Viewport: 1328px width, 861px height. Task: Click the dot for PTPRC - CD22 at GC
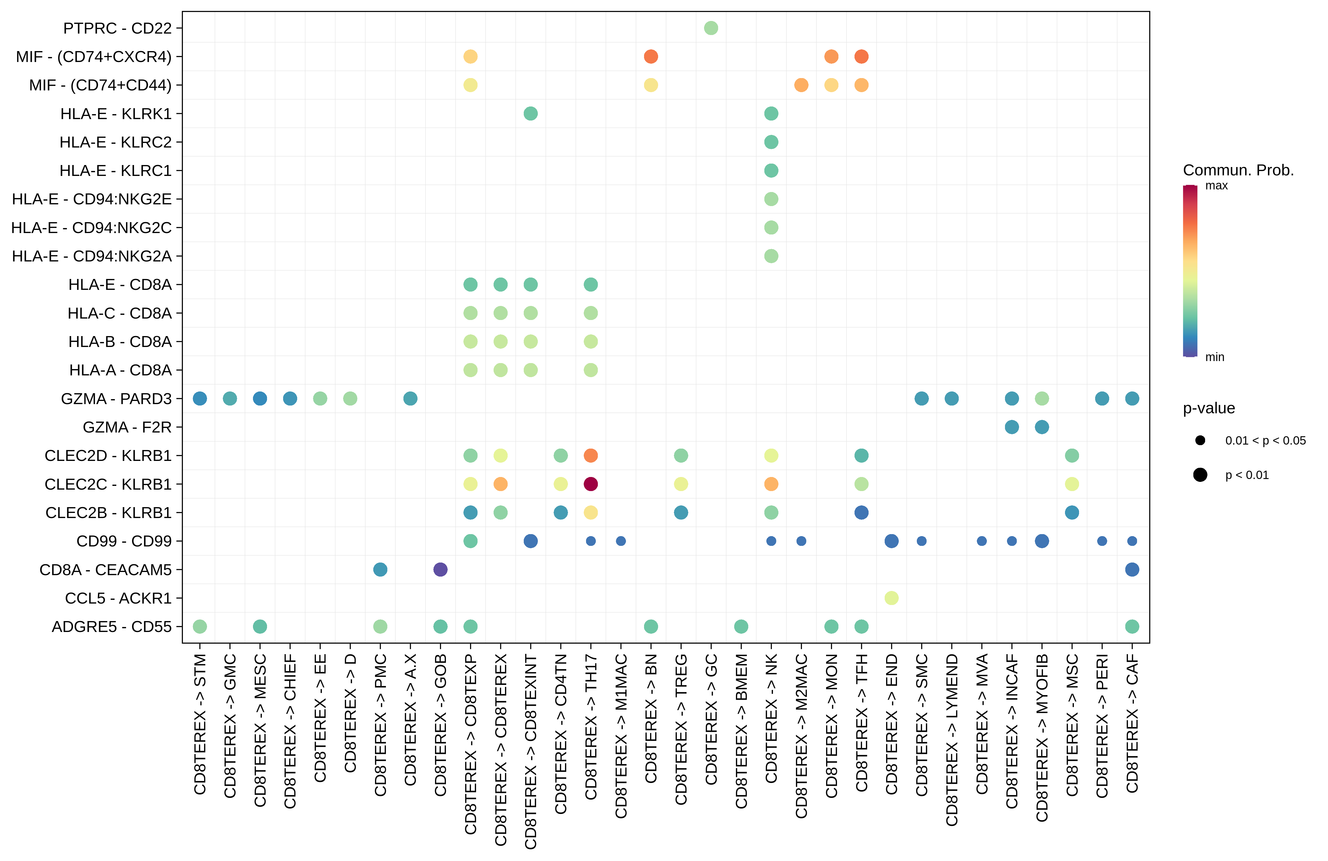[x=711, y=28]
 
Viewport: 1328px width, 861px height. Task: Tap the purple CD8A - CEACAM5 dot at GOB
[x=440, y=569]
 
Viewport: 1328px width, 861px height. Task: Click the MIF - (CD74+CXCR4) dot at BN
[x=651, y=56]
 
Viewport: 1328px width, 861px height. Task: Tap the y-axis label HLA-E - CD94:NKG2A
[x=92, y=256]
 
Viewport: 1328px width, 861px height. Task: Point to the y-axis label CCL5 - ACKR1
[x=118, y=598]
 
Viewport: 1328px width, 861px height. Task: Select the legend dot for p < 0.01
[x=1200, y=474]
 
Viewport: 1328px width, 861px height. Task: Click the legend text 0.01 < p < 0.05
[x=1265, y=441]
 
